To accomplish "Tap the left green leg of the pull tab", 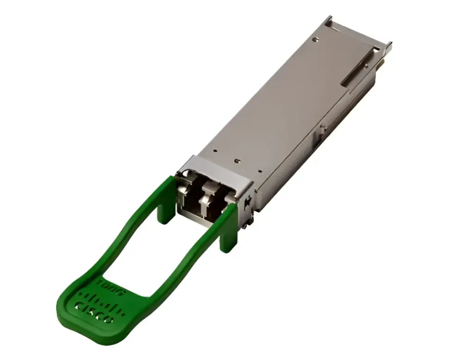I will (164, 211).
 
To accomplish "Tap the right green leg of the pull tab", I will (229, 232).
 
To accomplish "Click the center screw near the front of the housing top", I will (237, 161).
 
